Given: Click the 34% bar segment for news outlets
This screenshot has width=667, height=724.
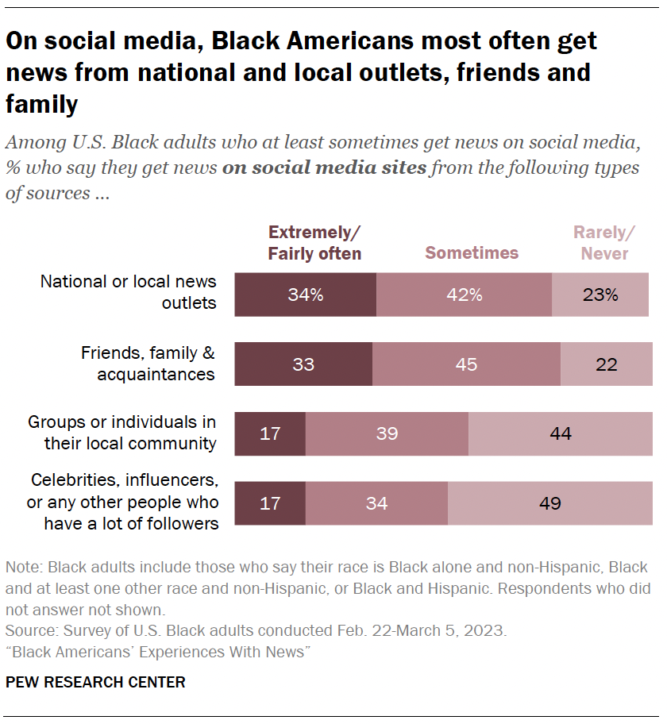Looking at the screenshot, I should pos(305,295).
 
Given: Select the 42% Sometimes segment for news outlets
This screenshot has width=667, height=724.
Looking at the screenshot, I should pos(464,295).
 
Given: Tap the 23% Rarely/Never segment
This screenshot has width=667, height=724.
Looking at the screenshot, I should pos(600,295).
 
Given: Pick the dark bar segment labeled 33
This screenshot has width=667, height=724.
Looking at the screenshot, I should pos(303,364).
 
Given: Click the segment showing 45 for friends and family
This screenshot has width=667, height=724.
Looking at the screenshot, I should pos(466,364).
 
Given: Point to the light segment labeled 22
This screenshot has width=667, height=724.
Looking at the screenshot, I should pos(607,364).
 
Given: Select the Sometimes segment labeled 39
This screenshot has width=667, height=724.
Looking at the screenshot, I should pos(387,433).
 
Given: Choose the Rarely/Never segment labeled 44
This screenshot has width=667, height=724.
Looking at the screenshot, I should pos(559,433).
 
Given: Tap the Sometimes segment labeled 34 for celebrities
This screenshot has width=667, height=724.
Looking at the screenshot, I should pos(376,503).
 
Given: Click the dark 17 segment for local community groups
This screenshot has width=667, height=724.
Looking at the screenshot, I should pos(270,433).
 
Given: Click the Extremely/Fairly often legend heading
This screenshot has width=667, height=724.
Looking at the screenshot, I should pos(314,243).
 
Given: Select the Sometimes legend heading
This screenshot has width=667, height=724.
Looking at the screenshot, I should pos(472,253).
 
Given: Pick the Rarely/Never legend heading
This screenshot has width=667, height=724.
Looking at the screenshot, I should pos(604,243).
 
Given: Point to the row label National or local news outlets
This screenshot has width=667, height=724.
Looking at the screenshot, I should pos(128,292).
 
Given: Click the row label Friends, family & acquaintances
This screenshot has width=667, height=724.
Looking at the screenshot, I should pos(148,363).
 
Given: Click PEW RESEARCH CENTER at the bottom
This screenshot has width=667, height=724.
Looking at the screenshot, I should pos(95,682).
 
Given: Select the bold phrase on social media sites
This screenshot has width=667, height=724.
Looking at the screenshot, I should pos(325,168).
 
